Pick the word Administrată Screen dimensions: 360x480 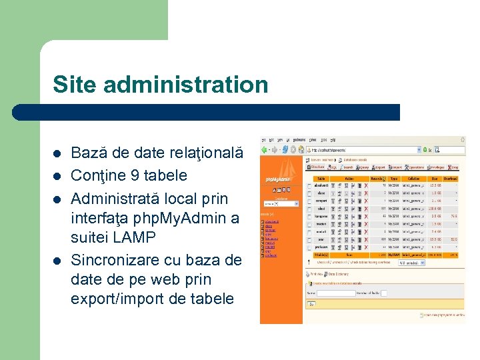pyautogui.click(x=116, y=199)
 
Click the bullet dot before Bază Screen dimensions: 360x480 pyautogui.click(x=57, y=153)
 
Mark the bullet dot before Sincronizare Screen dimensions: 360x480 pyautogui.click(x=57, y=259)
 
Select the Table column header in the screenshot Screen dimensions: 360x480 pyautogui.click(x=322, y=178)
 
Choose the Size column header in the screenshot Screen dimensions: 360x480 pyautogui.click(x=435, y=178)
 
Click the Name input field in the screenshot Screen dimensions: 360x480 pyautogui.click(x=336, y=293)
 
